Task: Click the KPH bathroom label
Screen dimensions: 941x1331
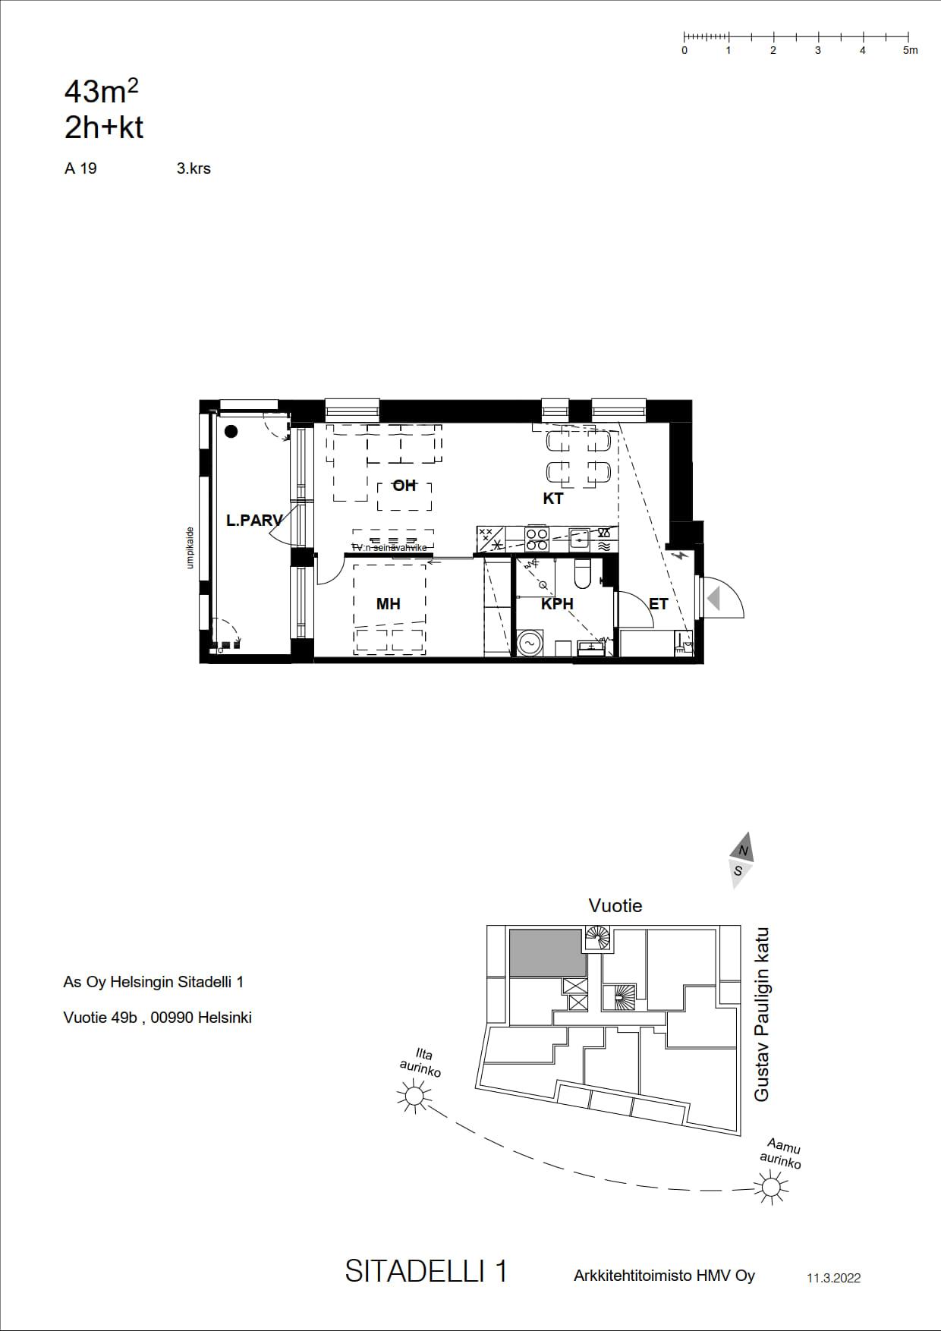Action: pos(557,604)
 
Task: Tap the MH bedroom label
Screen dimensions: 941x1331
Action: pos(388,604)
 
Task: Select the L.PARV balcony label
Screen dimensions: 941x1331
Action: pos(254,521)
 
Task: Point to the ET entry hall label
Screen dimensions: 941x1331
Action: pos(659,604)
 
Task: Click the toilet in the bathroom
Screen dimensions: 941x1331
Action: pos(583,574)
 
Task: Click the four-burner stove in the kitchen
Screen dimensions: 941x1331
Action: pos(537,539)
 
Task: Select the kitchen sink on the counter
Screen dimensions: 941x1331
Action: pos(579,539)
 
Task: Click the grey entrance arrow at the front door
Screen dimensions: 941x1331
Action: pos(713,599)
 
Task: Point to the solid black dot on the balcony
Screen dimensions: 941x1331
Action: pos(231,432)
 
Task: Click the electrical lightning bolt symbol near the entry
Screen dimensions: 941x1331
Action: pos(682,555)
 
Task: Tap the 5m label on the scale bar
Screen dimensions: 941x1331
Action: pos(910,50)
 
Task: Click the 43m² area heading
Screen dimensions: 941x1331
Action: pos(102,92)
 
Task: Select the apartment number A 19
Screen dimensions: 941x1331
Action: pos(80,168)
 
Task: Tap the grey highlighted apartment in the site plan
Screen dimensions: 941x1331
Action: pos(547,952)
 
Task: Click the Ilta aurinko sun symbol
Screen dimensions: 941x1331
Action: pos(414,1096)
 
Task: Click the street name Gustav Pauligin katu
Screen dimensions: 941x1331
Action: pos(762,1015)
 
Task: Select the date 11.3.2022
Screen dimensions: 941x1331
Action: pos(833,1278)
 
